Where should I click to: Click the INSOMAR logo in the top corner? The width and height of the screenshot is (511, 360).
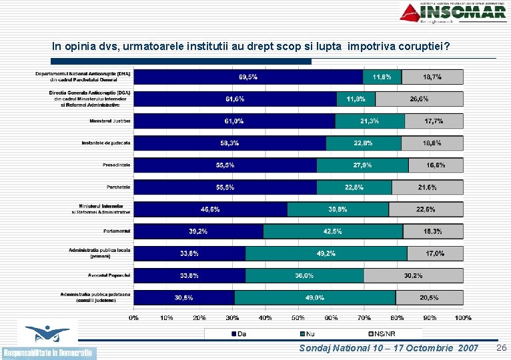click(x=454, y=13)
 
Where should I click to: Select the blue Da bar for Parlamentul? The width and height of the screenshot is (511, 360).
click(x=199, y=231)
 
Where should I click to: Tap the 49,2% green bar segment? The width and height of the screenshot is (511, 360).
click(x=326, y=253)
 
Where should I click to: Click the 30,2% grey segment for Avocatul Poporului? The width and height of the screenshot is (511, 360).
click(x=413, y=275)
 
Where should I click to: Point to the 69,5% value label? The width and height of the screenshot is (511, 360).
click(x=248, y=77)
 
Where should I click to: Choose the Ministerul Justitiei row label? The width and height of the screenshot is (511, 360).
click(x=110, y=121)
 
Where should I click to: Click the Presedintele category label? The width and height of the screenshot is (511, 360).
click(x=116, y=165)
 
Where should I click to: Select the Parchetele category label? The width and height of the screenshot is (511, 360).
click(x=119, y=187)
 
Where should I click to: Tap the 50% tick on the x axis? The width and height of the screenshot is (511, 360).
click(x=298, y=318)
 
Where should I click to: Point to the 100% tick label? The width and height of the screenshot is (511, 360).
click(x=462, y=318)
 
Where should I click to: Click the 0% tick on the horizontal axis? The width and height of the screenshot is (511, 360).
click(x=134, y=318)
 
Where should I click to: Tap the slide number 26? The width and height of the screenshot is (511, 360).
click(x=502, y=348)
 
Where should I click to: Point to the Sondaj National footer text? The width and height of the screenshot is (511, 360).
click(x=389, y=349)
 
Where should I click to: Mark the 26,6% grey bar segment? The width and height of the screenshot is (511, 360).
click(x=419, y=99)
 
